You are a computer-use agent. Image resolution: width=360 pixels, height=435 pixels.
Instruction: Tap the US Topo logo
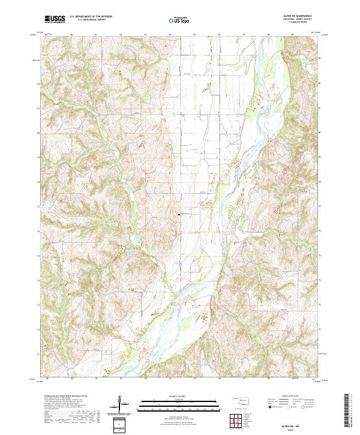(180, 20)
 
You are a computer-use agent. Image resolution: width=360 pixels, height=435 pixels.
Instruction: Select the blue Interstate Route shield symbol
(268, 407)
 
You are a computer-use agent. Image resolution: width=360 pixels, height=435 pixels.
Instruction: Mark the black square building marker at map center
(178, 214)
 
